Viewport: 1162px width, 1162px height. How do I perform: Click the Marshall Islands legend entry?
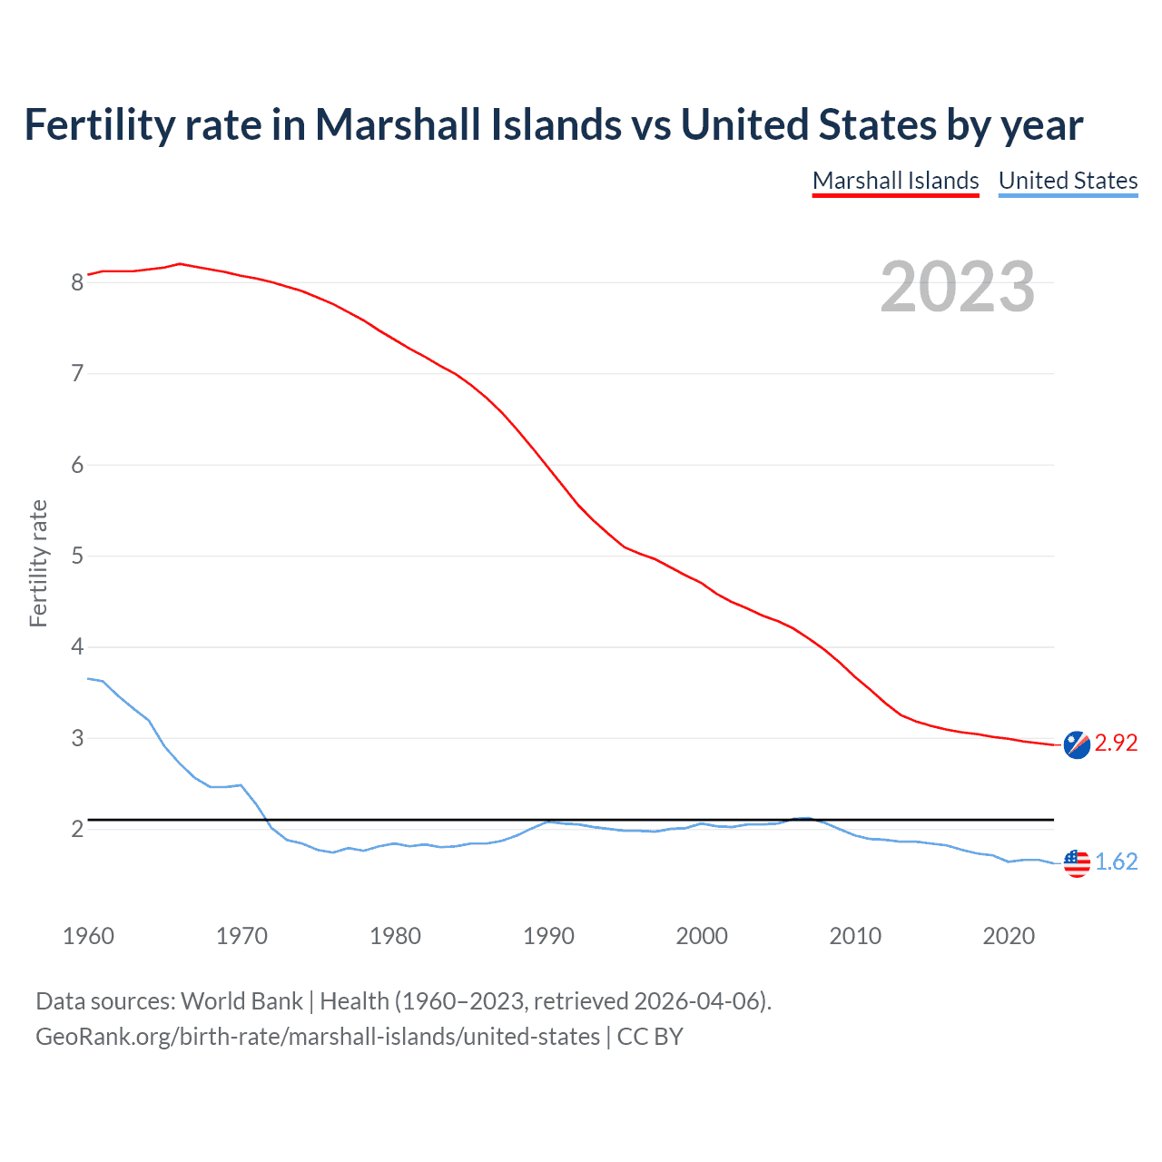click(895, 181)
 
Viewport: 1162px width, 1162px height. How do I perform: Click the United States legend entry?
click(1068, 181)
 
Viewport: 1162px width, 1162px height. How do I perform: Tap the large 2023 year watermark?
click(957, 287)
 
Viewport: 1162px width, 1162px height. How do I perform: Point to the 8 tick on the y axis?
click(77, 282)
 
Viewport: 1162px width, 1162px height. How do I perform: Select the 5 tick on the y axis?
click(77, 556)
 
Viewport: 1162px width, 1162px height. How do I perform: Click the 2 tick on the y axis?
click(77, 829)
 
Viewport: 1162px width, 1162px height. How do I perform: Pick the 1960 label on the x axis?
click(88, 936)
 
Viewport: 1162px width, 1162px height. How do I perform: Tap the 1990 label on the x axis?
click(548, 936)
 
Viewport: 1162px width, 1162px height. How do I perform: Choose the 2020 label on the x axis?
click(1009, 936)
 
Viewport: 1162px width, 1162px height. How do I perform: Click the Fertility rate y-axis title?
click(38, 563)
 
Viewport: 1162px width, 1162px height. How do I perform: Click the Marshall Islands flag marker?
click(1077, 743)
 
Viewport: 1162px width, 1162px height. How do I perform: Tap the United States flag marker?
click(1077, 862)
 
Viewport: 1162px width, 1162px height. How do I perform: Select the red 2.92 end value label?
click(1116, 743)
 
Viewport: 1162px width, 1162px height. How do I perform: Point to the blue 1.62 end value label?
click(1116, 862)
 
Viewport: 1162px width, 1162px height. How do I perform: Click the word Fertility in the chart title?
click(99, 125)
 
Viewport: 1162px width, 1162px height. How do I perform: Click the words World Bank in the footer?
click(241, 1001)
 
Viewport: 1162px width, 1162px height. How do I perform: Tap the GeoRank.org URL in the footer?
click(318, 1037)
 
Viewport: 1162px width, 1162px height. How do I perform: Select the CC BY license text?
click(650, 1037)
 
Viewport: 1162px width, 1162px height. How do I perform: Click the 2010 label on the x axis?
click(855, 936)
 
